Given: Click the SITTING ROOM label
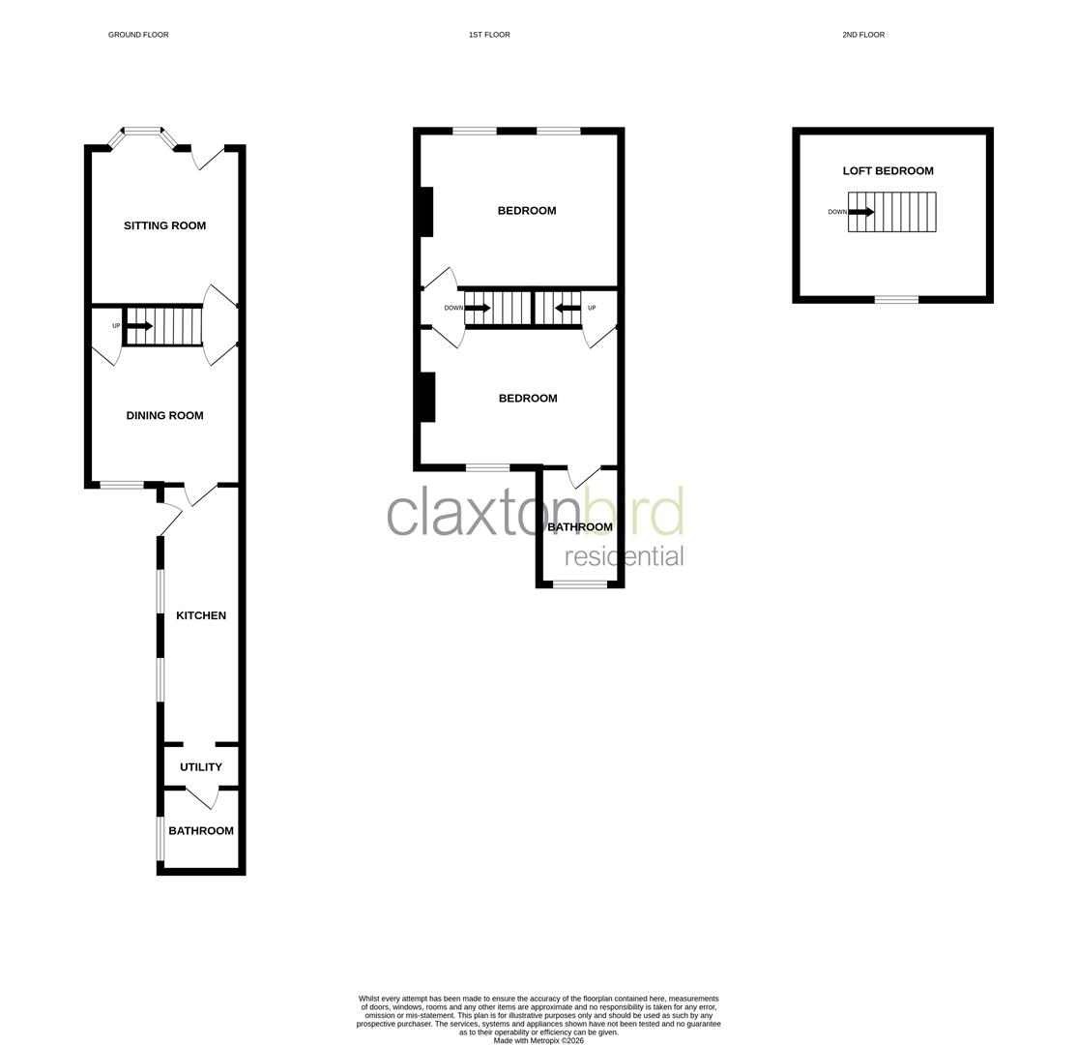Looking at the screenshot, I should (164, 225).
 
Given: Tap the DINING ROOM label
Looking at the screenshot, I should (164, 415).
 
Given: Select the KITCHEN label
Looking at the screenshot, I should (201, 615).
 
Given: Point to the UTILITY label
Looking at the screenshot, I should (201, 767).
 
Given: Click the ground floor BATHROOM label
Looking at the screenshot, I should (201, 830).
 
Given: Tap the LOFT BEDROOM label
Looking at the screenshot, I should (888, 171).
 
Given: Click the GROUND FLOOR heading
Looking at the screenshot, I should (138, 35).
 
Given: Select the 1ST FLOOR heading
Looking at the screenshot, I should (489, 35).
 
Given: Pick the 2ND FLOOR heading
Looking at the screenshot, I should (863, 35).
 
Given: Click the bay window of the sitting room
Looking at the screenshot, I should (143, 132).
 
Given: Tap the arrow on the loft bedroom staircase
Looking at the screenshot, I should (861, 212).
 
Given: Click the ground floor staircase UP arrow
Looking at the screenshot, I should (139, 326).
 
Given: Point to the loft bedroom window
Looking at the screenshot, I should (896, 300).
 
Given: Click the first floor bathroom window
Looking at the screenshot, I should (580, 584).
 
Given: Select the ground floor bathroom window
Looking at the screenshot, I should (160, 838).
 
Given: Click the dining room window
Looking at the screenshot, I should (122, 485).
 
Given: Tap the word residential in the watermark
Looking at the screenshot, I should (624, 556).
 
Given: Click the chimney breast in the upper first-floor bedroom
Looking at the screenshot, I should (425, 211).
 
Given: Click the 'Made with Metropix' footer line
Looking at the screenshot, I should (538, 1040).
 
